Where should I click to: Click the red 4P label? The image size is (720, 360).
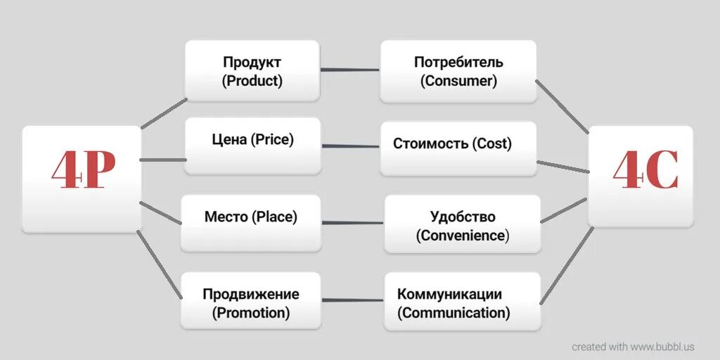(83, 172)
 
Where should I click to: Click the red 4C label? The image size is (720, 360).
(645, 171)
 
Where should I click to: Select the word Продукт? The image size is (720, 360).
(252, 62)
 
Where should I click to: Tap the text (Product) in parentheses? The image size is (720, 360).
(252, 81)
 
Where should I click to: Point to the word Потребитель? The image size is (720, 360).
(458, 62)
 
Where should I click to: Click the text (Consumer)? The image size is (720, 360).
(458, 81)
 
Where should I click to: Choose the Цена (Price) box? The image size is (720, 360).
(252, 145)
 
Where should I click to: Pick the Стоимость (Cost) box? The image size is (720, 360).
(458, 148)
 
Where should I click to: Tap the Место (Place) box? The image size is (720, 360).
(251, 222)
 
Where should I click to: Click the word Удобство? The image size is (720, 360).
(463, 217)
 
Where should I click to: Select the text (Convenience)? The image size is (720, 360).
(463, 236)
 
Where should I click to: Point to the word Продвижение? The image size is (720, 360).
(251, 294)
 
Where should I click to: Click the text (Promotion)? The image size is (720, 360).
(251, 313)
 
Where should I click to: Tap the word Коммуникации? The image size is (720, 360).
(450, 294)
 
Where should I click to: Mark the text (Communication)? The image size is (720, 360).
(454, 313)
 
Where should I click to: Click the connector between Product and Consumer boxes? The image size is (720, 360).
(349, 70)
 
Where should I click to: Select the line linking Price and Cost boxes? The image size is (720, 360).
(350, 146)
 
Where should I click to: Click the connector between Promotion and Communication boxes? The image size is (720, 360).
(352, 299)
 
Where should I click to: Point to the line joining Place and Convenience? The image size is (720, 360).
(352, 223)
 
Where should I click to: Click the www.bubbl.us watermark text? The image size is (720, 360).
(662, 347)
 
